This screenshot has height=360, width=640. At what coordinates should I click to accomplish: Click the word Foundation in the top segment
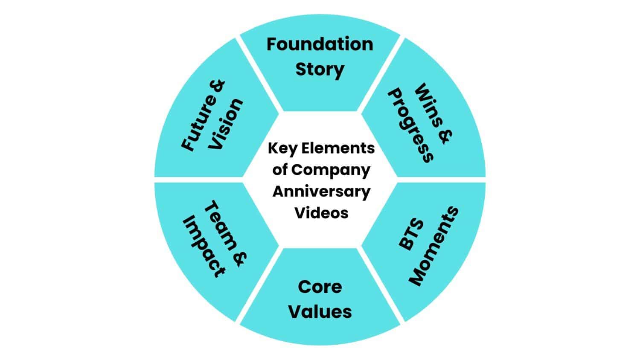click(320, 44)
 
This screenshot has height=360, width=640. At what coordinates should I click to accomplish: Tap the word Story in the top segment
click(320, 70)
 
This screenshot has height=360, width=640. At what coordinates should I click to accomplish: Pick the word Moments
click(433, 246)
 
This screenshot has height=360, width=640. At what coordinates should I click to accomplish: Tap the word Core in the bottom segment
click(320, 287)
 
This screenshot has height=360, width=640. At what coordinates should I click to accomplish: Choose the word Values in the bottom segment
click(320, 311)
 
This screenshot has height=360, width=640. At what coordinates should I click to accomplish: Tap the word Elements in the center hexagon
click(338, 148)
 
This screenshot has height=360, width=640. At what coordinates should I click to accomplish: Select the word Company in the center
click(330, 170)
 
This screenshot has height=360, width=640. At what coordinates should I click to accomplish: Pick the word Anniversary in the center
click(321, 192)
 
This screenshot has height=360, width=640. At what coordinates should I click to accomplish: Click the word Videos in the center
click(321, 212)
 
